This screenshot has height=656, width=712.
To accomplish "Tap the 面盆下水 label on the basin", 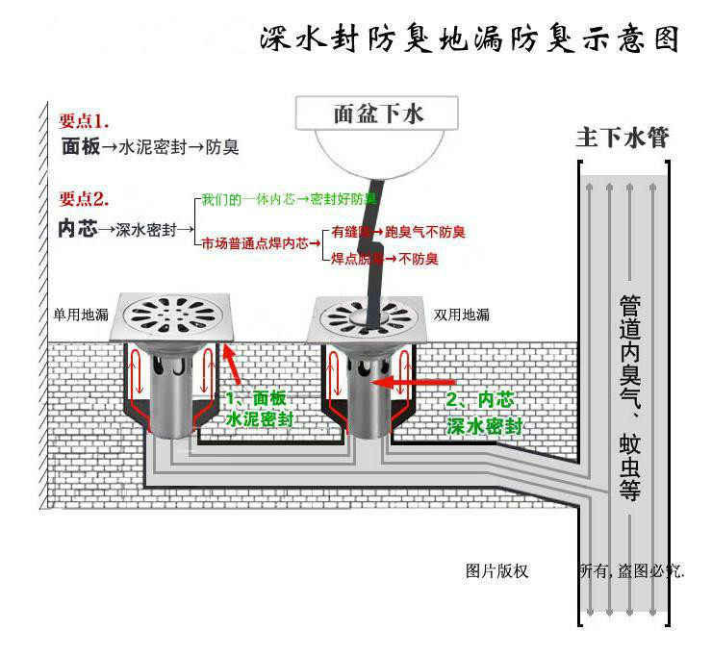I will pos(378,114).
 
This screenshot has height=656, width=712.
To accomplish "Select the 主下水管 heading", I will pos(622,138).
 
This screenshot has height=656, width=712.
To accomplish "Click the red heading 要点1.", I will pos(86,121).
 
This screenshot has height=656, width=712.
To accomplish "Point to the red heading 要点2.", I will pos(86,199).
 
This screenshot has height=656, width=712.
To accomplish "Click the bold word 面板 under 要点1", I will pos(79,148).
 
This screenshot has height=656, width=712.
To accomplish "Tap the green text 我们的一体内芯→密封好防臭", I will pos(288,199).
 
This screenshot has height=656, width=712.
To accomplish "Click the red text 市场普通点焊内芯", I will pos(261,244).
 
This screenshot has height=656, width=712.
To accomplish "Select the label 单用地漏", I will pos(82,314).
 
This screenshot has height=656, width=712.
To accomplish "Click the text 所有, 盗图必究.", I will pos(630,570).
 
